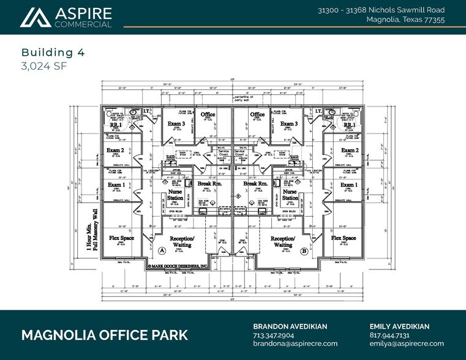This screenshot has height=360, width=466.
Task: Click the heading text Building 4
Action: [47, 52]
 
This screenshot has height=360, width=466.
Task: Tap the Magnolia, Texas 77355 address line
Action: [405, 20]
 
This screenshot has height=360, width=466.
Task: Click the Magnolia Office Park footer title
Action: [105, 335]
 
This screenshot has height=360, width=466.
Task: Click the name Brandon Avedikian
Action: [290, 326]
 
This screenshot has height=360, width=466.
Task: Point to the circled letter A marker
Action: [162, 250]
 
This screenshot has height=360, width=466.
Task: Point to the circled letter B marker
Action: [304, 250]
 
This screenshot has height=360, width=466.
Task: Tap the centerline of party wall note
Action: [248, 99]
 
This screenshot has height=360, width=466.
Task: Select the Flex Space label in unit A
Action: [122, 238]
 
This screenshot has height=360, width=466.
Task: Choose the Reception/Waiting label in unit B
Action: [283, 241]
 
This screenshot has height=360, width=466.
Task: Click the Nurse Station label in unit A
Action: [176, 195]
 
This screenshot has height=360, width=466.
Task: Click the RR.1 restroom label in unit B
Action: [349, 124]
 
